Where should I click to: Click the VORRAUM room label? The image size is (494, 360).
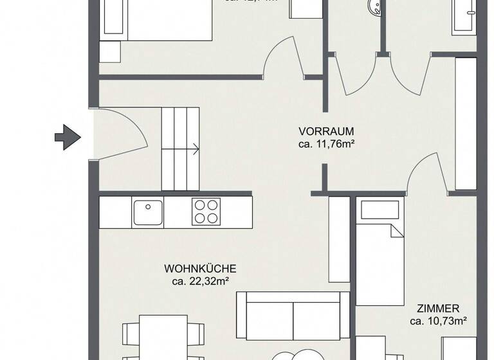pyautogui.click(x=326, y=132)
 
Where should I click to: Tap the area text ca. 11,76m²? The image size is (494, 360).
pyautogui.click(x=326, y=145)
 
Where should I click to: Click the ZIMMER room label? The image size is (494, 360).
pyautogui.click(x=438, y=309)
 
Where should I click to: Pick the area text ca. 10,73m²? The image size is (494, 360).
pyautogui.click(x=438, y=321)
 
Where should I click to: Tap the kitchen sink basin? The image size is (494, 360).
pyautogui.click(x=148, y=212)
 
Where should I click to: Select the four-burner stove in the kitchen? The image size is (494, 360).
pyautogui.click(x=206, y=211)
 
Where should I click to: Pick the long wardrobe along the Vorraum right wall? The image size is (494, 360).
pyautogui.click(x=465, y=124)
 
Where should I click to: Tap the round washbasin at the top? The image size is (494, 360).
pyautogui.click(x=372, y=8)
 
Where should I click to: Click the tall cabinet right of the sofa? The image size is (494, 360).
pyautogui.click(x=339, y=239)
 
